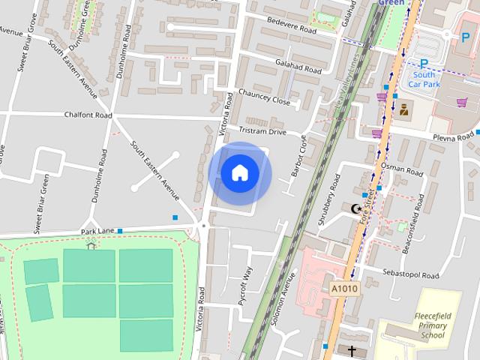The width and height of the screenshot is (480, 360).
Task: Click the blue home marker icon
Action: coord(239,173)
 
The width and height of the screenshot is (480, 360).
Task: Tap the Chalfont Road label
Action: coord(89,115)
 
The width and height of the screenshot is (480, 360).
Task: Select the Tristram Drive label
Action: coord(262,131)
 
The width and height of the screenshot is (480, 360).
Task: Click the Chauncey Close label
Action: coord(264,100)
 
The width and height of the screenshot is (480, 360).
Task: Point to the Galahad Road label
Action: coord(298,67)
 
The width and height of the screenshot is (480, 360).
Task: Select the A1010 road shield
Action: coord(344,288)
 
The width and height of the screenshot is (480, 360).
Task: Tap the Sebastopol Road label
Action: coord(409,272)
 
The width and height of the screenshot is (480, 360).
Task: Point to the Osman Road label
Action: coord(402,169)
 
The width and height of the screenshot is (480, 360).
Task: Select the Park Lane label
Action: coord(97,231)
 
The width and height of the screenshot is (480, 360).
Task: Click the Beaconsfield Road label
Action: coord(414,223)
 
